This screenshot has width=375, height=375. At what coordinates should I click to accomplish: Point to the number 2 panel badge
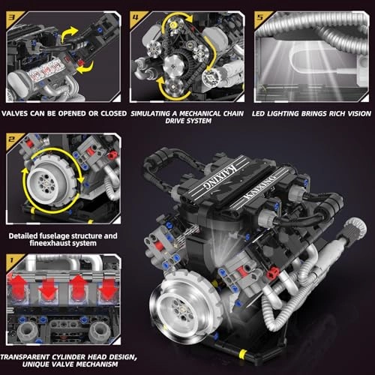[x=11, y=140]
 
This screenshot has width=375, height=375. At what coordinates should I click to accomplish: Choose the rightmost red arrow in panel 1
[x=107, y=286]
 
